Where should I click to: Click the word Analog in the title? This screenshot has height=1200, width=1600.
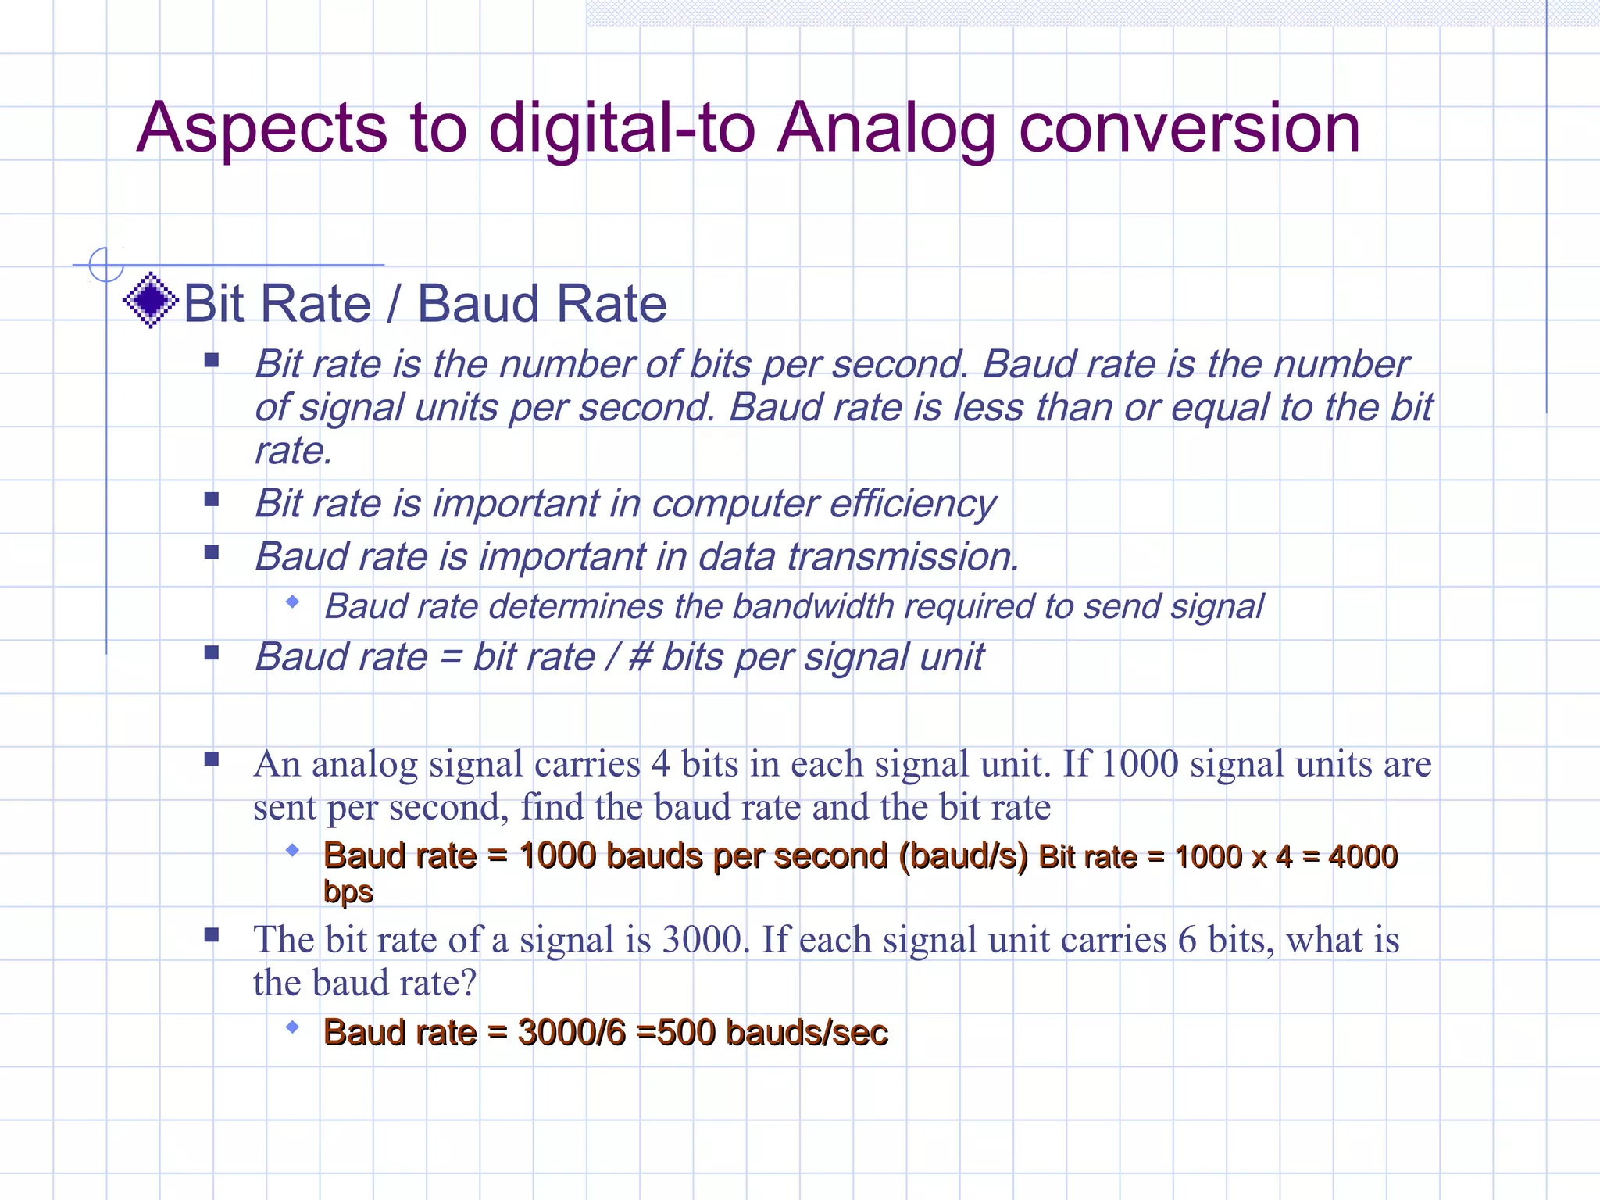(x=886, y=130)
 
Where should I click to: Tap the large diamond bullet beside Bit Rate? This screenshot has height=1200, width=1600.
(x=151, y=301)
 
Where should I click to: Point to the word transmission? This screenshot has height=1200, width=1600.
(x=902, y=557)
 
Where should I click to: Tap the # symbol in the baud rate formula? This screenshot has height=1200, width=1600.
(x=639, y=657)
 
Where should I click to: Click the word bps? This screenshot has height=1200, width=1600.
(x=348, y=892)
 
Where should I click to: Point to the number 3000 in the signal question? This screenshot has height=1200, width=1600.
(x=701, y=940)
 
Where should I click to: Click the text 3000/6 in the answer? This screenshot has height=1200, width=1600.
(x=572, y=1033)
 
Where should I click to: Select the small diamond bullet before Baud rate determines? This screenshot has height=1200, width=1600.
(x=293, y=602)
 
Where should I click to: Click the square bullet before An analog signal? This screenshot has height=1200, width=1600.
(x=211, y=759)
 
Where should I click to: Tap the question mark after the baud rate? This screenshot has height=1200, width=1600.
(x=469, y=983)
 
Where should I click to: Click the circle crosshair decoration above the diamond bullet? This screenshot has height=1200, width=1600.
(x=106, y=265)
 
